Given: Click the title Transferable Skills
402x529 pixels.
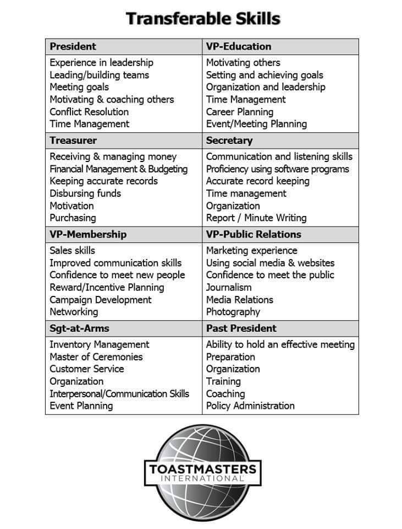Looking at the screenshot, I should (203, 19).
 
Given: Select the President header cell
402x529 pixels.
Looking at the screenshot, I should (73, 46).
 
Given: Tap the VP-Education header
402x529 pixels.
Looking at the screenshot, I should (238, 46).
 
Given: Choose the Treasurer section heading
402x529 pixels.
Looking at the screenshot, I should (73, 141).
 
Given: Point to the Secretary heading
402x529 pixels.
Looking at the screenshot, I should (229, 141).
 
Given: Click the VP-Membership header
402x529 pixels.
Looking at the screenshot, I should (88, 234).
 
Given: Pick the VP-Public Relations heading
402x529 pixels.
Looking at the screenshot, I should (254, 234).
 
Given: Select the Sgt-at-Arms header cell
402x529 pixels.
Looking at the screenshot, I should (79, 328).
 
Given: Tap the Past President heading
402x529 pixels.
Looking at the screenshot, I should (241, 328).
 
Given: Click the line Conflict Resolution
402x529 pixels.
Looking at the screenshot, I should (89, 112).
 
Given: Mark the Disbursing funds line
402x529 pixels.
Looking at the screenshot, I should (85, 193).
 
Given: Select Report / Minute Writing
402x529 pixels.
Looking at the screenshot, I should (256, 218).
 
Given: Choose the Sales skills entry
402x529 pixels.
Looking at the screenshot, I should (72, 251).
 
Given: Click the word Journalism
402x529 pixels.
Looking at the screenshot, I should (229, 287).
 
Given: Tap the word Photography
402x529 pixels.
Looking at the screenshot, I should (233, 312).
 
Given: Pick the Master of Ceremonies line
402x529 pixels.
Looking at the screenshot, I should (96, 357).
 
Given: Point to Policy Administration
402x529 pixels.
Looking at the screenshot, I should (250, 406).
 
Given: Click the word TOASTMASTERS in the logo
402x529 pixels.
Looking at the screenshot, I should (202, 469).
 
